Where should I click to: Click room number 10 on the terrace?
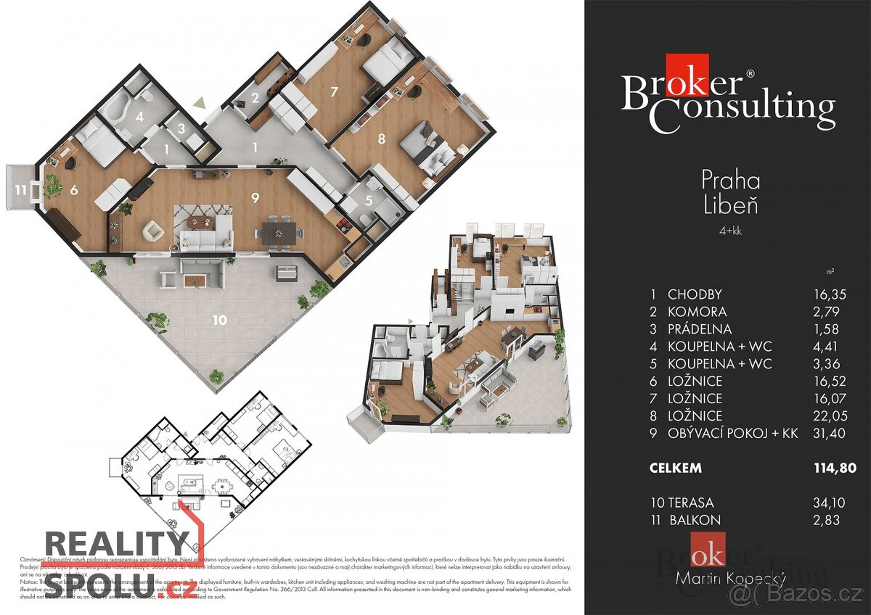tap(221, 320)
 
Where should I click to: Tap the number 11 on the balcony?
tap(23, 190)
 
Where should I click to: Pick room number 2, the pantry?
tap(255, 98)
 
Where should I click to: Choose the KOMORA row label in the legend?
tap(698, 312)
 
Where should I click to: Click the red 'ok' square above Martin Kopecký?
tap(708, 550)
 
